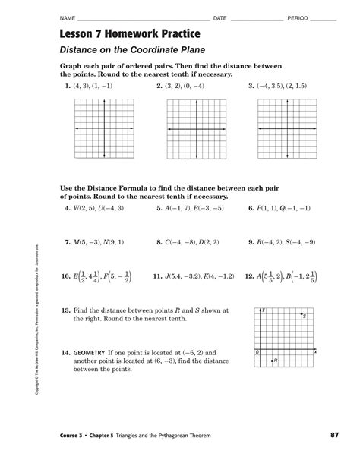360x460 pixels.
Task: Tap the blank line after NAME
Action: (144, 18)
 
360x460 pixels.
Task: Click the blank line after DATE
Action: (254, 18)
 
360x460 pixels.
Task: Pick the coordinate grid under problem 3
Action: (285, 129)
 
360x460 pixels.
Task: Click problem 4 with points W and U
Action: (94, 207)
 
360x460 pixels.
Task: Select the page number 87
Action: (333, 434)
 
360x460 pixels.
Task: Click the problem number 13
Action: (65, 311)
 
